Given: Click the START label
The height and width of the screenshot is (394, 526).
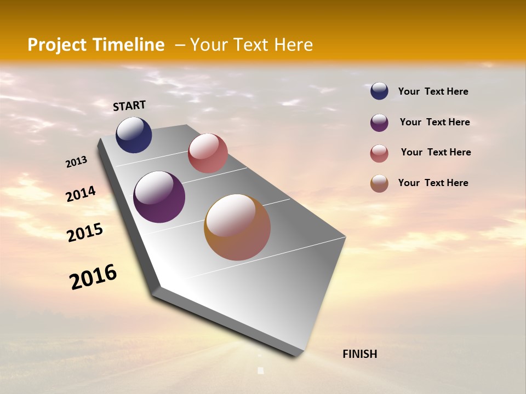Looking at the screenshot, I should pos(129,106).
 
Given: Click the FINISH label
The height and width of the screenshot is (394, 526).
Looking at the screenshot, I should pos(359,354).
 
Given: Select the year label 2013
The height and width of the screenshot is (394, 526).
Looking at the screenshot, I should pos(77,162).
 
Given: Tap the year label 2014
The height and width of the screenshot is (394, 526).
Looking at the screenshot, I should pos(81,194).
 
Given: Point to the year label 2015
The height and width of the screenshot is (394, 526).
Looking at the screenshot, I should pos(85,232).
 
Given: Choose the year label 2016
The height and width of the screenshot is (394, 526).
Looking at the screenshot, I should pos(93,276).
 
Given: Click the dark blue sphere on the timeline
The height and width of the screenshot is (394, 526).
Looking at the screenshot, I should pos(134,135).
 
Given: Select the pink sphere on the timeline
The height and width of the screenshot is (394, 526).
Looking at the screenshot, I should pos(208,153).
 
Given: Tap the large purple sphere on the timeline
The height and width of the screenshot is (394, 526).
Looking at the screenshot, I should pos(159,197).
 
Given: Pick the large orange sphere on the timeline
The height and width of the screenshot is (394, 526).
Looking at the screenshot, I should pos(237,227).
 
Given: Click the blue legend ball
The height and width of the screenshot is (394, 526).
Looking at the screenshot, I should pos(379,91).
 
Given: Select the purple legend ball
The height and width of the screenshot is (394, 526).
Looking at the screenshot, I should pos(379,123).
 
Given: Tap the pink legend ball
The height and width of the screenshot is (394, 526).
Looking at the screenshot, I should pos(379,153).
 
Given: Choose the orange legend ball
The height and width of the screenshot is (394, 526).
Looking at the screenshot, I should pos(379,183).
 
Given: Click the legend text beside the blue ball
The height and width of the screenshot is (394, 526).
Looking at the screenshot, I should pos(433,91).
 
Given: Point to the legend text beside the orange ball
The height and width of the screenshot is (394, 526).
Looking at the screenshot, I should pos(433,183).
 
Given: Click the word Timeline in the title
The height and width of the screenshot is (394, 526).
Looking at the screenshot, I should pos(129,45).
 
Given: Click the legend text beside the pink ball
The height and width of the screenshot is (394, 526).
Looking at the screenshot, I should pos(436,152).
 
